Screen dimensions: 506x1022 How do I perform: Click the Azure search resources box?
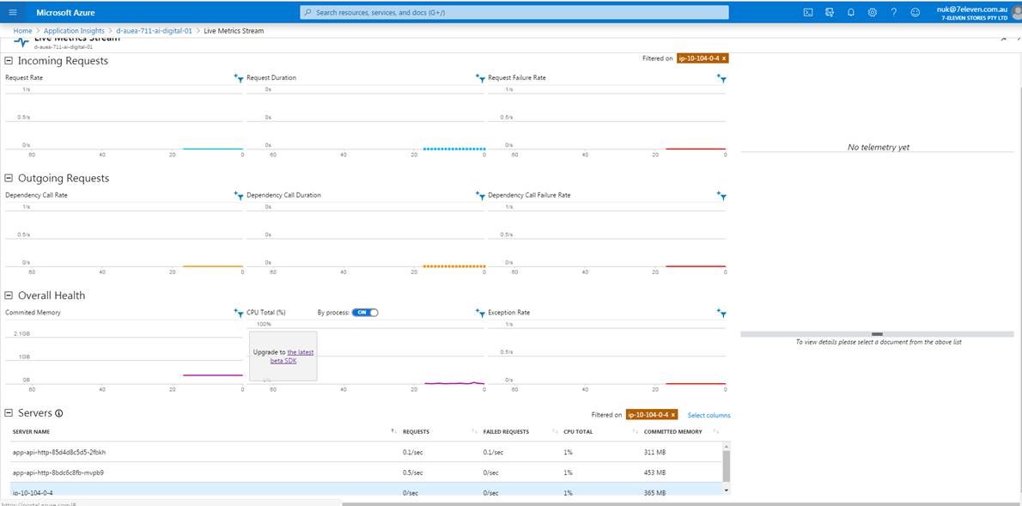click(x=514, y=13)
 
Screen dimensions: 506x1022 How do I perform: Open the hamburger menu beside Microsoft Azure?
click(x=13, y=13)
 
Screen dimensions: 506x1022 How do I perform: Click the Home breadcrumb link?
click(x=22, y=31)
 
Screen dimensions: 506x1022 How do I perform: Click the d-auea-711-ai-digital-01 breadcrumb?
click(x=154, y=31)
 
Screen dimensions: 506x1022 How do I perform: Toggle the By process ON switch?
click(x=365, y=313)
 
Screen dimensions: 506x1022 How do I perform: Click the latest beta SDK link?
click(x=293, y=357)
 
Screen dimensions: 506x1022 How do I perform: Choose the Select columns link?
click(x=709, y=416)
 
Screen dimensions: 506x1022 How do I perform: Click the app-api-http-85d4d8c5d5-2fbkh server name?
click(x=59, y=452)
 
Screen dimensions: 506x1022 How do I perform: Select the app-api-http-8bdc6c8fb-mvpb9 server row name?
click(x=58, y=472)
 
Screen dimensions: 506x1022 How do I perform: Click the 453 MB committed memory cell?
click(x=655, y=472)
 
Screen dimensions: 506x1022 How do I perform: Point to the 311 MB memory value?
click(x=655, y=452)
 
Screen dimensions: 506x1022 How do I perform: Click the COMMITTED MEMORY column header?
click(x=672, y=432)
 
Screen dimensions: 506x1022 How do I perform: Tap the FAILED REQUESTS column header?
click(x=506, y=432)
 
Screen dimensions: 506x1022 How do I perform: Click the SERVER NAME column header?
click(x=31, y=432)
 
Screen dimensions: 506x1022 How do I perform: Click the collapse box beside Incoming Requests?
click(x=9, y=61)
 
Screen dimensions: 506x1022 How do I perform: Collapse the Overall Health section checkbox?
click(x=9, y=296)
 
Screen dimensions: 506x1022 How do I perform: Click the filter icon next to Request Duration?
click(x=480, y=78)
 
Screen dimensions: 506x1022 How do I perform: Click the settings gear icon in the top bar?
click(x=872, y=13)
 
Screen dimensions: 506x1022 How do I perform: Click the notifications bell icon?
click(x=850, y=13)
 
